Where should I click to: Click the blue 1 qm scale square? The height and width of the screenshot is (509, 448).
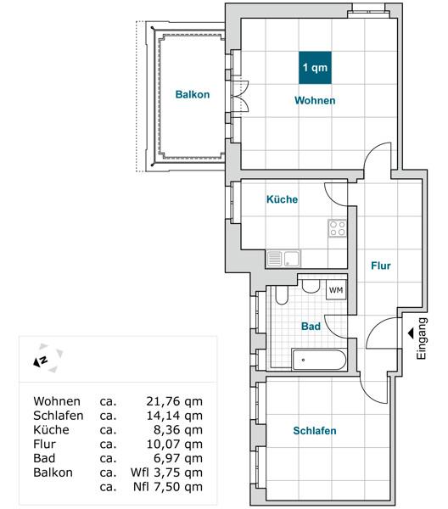[315, 68]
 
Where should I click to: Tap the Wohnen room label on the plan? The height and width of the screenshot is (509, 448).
[315, 100]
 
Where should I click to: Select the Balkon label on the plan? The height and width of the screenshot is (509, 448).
[193, 94]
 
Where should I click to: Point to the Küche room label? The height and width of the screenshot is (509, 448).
[282, 199]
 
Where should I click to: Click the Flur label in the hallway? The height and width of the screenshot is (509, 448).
[381, 266]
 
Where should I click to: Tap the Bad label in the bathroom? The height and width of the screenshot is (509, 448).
[311, 327]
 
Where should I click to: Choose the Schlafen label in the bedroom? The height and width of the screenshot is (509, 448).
[315, 431]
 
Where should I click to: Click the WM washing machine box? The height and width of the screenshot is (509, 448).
[336, 290]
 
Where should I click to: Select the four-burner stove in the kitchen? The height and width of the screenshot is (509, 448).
[338, 228]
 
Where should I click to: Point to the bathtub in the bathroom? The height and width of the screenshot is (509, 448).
[319, 360]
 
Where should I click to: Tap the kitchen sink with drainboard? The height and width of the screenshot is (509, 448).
[283, 259]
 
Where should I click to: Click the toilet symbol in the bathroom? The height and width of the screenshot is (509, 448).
[282, 295]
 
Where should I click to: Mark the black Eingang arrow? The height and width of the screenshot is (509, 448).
[411, 333]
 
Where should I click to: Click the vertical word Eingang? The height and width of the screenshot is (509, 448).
[422, 338]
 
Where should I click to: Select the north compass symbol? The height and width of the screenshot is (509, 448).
[48, 358]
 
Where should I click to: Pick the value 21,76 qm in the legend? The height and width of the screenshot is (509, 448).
[174, 401]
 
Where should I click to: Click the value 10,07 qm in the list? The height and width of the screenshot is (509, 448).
[174, 444]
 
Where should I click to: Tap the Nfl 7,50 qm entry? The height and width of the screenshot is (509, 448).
[168, 487]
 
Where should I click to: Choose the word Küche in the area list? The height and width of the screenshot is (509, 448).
[51, 430]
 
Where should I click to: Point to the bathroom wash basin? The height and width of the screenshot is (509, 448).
[311, 287]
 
